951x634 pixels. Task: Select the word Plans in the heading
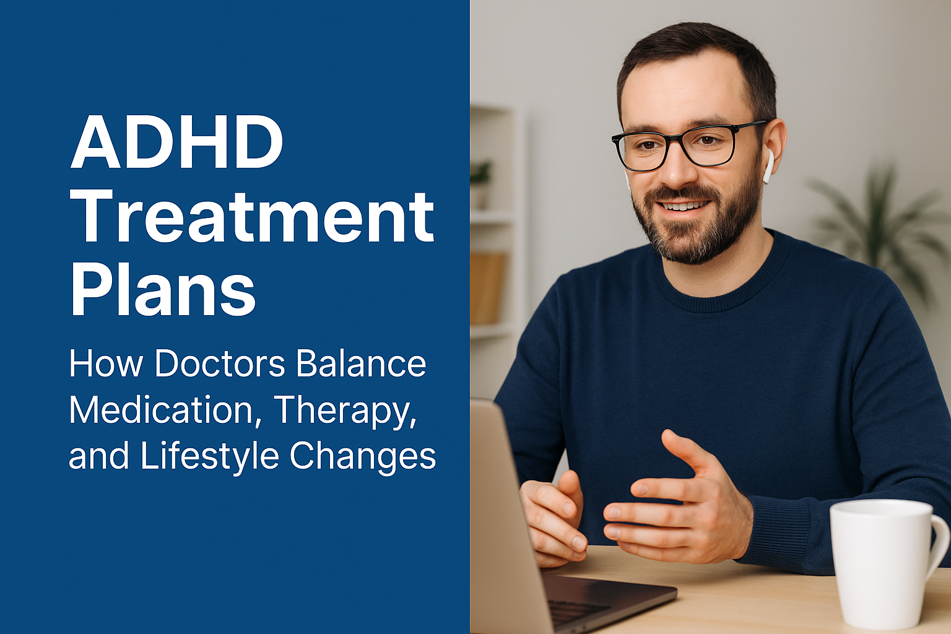point(163,290)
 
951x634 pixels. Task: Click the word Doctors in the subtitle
point(220,363)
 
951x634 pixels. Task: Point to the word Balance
point(361,363)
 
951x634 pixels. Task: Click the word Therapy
point(345,410)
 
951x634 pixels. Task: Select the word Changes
point(363,457)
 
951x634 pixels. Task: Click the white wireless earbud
point(768,165)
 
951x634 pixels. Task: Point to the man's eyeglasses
point(681,145)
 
